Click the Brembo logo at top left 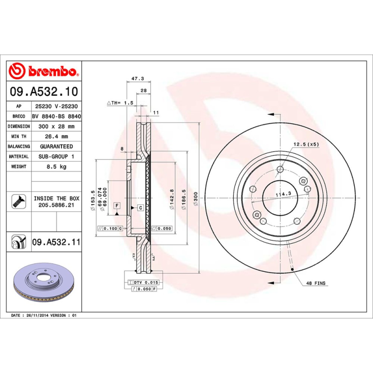pyautogui.click(x=43, y=71)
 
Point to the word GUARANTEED pyautogui.click(x=56, y=146)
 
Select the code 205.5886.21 pyautogui.click(x=56, y=205)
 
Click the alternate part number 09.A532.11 pyautogui.click(x=56, y=242)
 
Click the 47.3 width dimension pyautogui.click(x=138, y=79)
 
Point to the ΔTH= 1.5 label pyautogui.click(x=120, y=102)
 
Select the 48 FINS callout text pyautogui.click(x=316, y=283)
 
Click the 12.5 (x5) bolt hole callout pyautogui.click(x=306, y=145)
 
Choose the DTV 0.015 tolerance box pyautogui.click(x=146, y=283)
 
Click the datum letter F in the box pyautogui.click(x=116, y=206)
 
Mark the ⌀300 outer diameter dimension pyautogui.click(x=195, y=198)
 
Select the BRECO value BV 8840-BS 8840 pyautogui.click(x=56, y=117)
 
